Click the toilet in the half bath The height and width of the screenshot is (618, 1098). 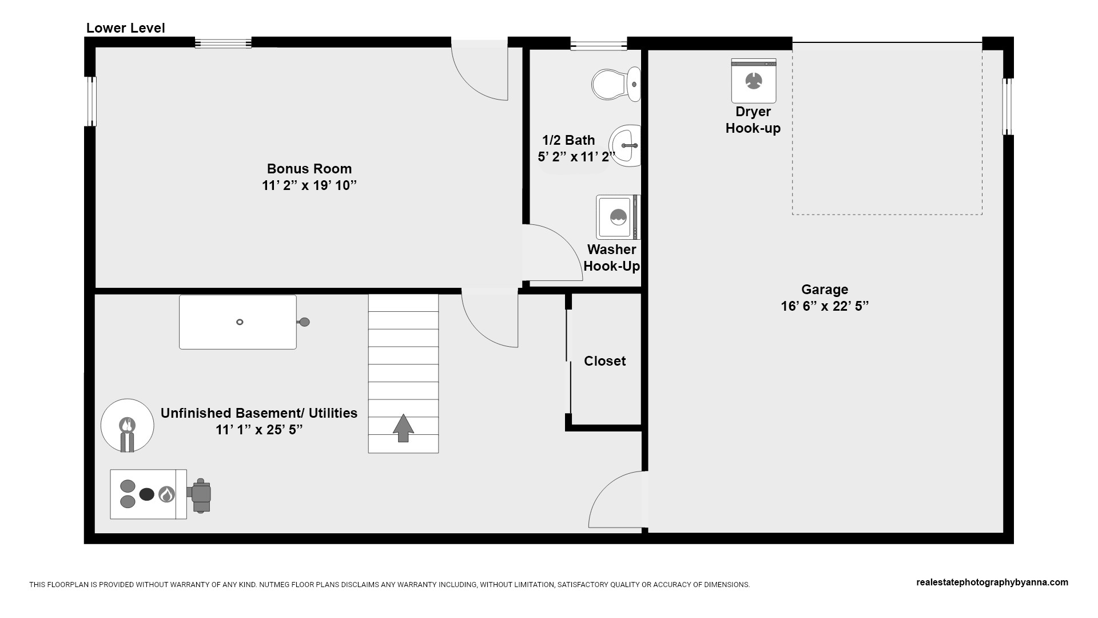[x=616, y=84]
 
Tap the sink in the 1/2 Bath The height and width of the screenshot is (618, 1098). [x=625, y=146]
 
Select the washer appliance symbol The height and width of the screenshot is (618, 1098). [x=618, y=217]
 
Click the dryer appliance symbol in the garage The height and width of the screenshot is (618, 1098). [x=754, y=81]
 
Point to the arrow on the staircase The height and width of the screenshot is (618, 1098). [x=403, y=428]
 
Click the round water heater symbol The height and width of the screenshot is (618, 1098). [x=127, y=425]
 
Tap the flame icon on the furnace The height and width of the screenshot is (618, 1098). [x=166, y=494]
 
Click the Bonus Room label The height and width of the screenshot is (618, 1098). [x=309, y=169]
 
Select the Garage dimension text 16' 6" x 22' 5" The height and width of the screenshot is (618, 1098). [x=825, y=306]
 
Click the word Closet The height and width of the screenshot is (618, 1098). [x=604, y=361]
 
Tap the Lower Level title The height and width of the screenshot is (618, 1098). [x=125, y=28]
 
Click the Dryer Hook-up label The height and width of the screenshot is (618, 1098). [x=753, y=120]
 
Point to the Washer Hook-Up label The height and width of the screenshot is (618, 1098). [x=611, y=257]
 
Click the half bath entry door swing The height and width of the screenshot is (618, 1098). [x=552, y=252]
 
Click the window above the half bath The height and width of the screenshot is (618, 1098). [x=599, y=43]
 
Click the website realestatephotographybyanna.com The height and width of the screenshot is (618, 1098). [x=992, y=583]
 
